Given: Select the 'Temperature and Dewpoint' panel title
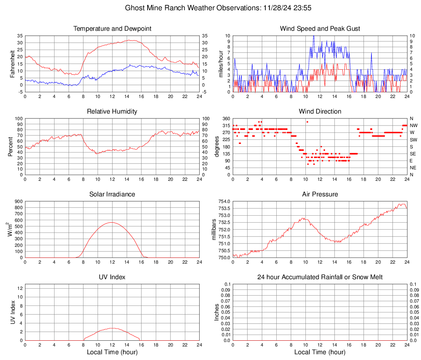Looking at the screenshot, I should [112, 29].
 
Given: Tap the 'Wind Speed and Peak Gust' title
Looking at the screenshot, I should [320, 29].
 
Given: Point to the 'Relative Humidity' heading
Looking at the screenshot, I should [112, 112].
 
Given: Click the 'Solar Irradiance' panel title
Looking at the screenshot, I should [112, 194].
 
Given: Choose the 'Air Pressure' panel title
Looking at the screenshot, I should [320, 194].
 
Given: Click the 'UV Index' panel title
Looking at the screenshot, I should [112, 277].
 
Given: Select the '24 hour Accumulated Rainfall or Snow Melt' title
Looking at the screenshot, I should [320, 277].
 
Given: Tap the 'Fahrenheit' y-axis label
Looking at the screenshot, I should [12, 64].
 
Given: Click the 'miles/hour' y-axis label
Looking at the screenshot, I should [221, 64].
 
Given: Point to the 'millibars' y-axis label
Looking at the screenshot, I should [214, 230].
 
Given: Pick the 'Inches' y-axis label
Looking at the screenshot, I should [217, 312].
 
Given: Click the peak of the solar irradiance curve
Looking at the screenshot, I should [112, 222].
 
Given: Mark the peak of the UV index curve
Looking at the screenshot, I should [112, 328].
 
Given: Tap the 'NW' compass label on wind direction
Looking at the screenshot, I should [413, 125].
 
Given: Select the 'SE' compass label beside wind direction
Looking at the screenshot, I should [413, 154].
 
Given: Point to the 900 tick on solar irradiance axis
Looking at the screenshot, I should [18, 201].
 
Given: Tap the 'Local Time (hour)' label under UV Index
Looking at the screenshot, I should [112, 352].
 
